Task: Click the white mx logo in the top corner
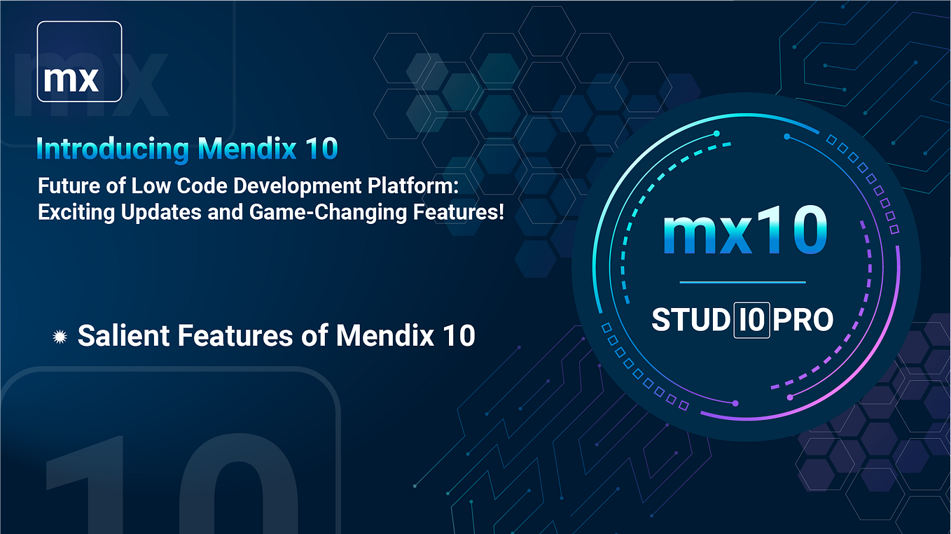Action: (79, 62)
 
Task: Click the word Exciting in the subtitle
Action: (70, 211)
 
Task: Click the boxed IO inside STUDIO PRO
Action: (751, 320)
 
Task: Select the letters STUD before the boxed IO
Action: (691, 320)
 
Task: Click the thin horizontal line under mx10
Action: (742, 283)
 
